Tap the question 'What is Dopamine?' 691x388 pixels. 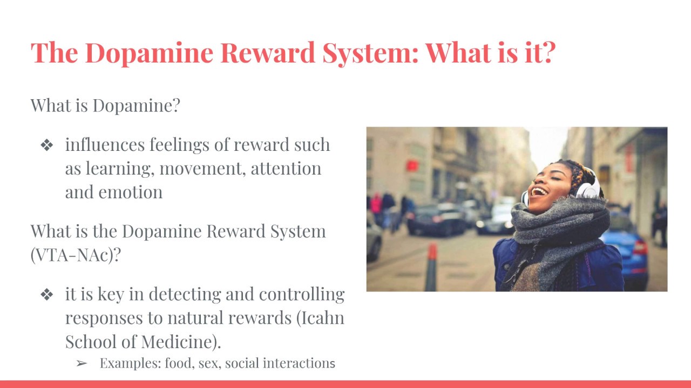pos(105,105)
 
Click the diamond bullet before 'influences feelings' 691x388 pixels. pos(47,145)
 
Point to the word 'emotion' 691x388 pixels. pos(131,192)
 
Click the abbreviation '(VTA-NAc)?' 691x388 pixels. pos(75,255)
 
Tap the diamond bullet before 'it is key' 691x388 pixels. pos(47,295)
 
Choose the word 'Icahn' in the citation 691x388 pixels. pos(323,318)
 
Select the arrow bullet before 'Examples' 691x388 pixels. pos(82,364)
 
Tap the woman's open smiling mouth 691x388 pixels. pos(538,191)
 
